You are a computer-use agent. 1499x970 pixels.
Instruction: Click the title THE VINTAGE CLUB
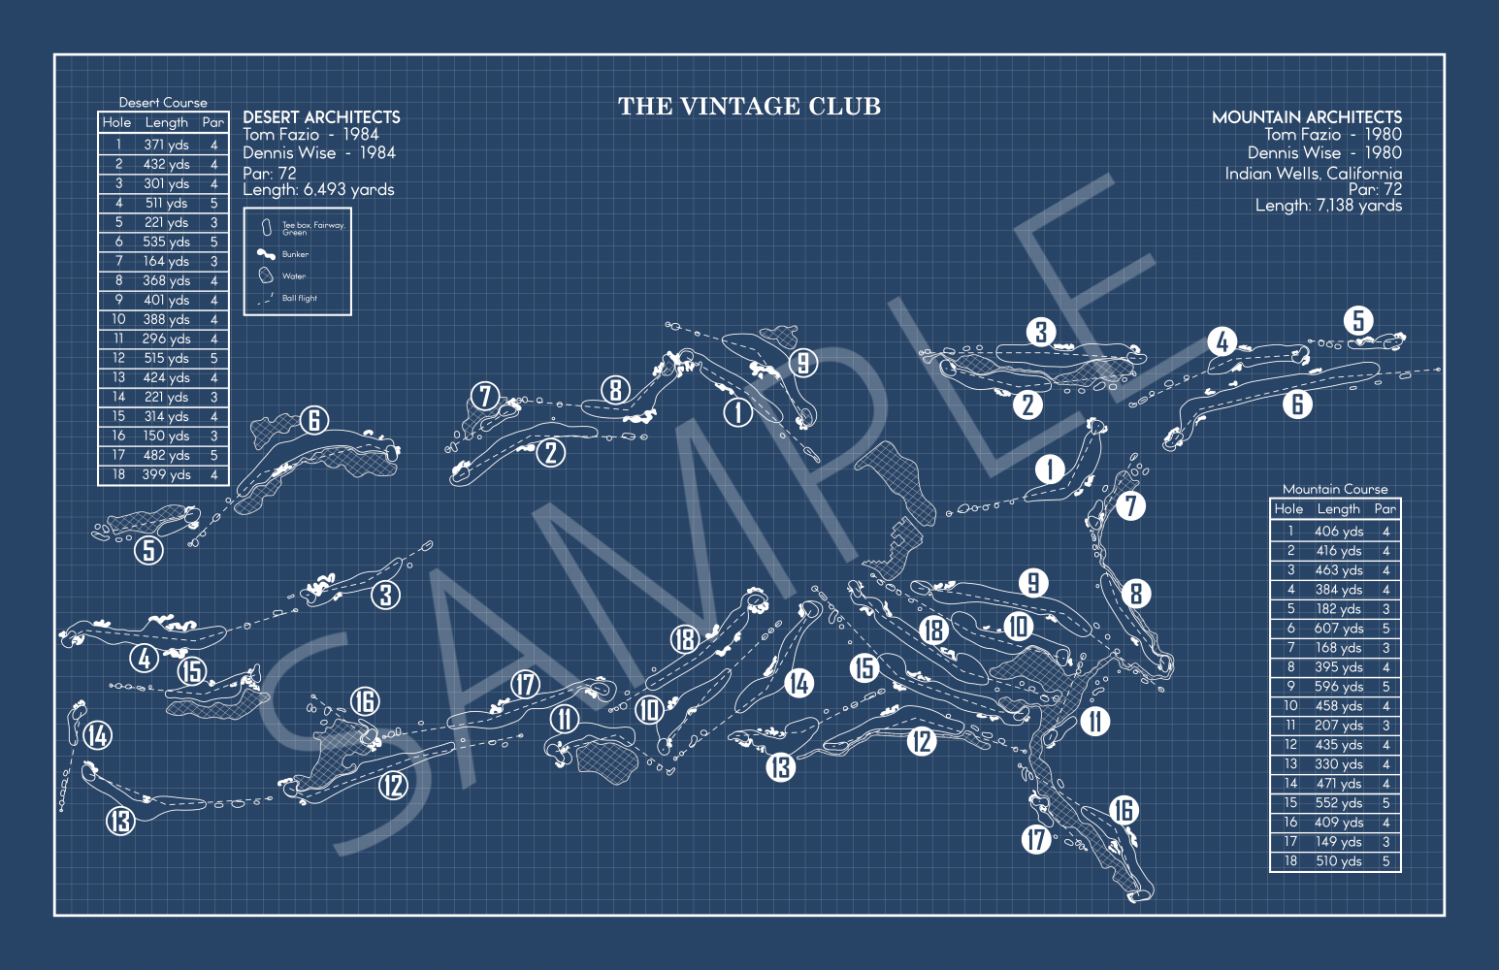point(749,107)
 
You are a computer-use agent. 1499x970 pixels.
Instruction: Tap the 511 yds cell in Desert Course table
point(166,204)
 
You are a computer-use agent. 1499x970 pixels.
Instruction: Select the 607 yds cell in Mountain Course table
point(1338,629)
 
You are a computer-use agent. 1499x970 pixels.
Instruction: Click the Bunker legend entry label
point(295,254)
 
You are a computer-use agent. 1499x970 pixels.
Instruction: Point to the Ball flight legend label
point(299,299)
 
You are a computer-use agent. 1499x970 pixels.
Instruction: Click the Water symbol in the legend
point(266,275)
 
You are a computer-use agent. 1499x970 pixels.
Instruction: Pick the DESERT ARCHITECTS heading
point(321,117)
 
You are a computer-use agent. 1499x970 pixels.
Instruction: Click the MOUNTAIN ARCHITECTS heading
point(1306,117)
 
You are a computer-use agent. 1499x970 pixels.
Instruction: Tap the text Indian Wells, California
point(1313,174)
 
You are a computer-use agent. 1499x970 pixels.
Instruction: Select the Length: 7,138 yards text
point(1328,206)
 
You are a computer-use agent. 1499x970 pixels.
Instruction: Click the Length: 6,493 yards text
point(318,190)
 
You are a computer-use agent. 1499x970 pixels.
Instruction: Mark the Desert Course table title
point(163,103)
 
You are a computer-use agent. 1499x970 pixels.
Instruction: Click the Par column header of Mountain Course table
point(1385,509)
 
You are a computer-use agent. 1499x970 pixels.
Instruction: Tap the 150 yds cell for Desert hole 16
point(166,436)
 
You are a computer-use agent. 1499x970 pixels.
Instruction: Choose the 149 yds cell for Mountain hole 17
point(1338,842)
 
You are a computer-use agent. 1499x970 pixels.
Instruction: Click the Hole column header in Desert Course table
point(116,122)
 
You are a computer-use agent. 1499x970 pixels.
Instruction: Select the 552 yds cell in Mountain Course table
point(1338,803)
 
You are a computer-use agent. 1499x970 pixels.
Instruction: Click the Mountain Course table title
point(1335,489)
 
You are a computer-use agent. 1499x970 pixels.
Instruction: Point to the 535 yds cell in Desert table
point(166,242)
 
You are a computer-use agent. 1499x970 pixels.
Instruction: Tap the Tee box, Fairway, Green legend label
point(313,229)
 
